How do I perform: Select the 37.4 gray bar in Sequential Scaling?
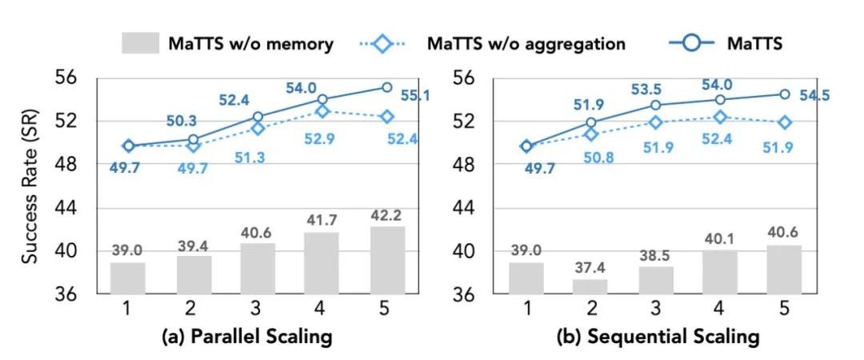pyautogui.click(x=591, y=286)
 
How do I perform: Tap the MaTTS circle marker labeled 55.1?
pyautogui.click(x=386, y=87)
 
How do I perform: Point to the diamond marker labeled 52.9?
pyautogui.click(x=322, y=111)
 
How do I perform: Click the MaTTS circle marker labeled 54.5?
pyautogui.click(x=785, y=94)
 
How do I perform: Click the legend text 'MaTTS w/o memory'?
pyautogui.click(x=250, y=44)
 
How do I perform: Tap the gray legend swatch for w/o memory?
pyautogui.click(x=141, y=43)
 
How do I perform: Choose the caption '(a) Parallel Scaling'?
pyautogui.click(x=246, y=337)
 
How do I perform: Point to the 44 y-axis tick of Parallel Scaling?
pyautogui.click(x=74, y=208)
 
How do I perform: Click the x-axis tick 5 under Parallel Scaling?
pyautogui.click(x=386, y=309)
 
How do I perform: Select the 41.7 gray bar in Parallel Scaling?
pyautogui.click(x=322, y=263)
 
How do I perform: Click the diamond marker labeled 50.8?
pyautogui.click(x=591, y=134)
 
